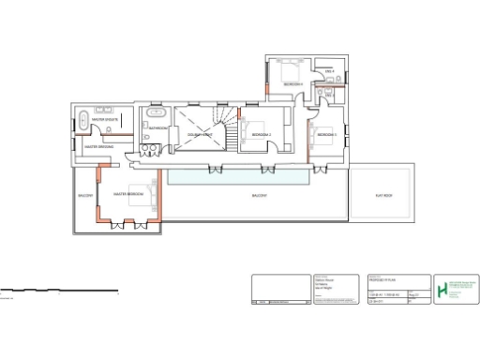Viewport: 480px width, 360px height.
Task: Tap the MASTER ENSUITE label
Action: (x=104, y=120)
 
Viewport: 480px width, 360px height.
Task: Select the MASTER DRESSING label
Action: (x=99, y=147)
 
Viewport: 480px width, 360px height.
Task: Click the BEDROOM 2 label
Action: (x=260, y=135)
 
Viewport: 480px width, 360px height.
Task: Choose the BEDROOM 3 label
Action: (x=326, y=135)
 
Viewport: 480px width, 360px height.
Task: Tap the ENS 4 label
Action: (x=329, y=71)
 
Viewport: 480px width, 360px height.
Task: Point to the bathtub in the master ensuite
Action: (x=83, y=121)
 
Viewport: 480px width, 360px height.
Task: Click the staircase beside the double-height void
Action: (x=229, y=129)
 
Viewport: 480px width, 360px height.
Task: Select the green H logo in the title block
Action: (x=442, y=287)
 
